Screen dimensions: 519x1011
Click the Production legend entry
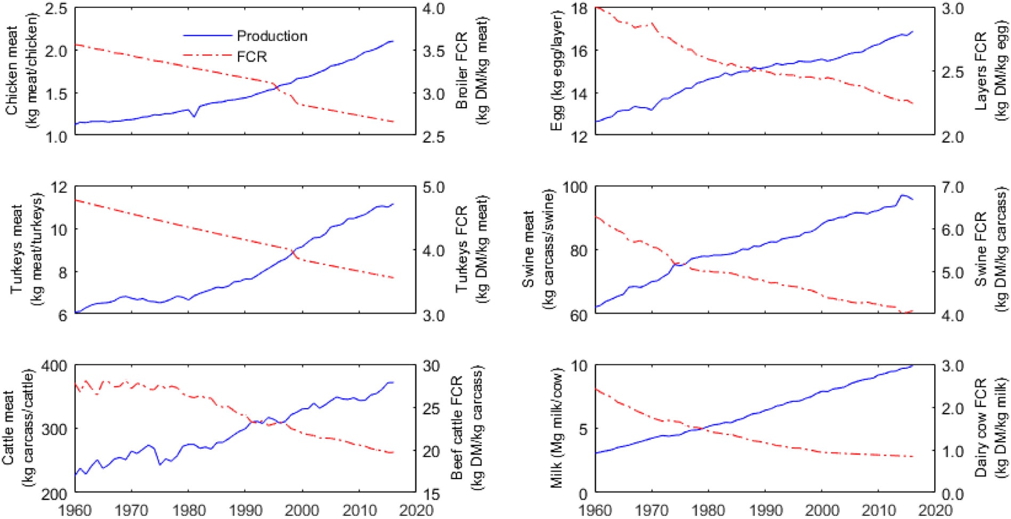pyautogui.click(x=272, y=36)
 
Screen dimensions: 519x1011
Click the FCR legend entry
pyautogui.click(x=252, y=56)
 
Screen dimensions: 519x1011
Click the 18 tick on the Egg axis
pyautogui.click(x=579, y=9)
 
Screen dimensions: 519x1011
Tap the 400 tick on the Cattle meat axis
pyautogui.click(x=54, y=366)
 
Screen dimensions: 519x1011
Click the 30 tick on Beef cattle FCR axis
pyautogui.click(x=431, y=366)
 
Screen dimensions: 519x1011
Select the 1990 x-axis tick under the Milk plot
pyautogui.click(x=766, y=510)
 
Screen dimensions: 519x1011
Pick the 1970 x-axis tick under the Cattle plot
pyautogui.click(x=131, y=510)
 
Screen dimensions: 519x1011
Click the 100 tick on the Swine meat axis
pyautogui.click(x=575, y=187)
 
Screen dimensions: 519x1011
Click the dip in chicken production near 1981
pyautogui.click(x=193, y=116)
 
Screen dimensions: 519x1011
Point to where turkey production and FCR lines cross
pyautogui.click(x=293, y=250)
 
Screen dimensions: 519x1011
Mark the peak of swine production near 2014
pyautogui.click(x=902, y=195)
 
